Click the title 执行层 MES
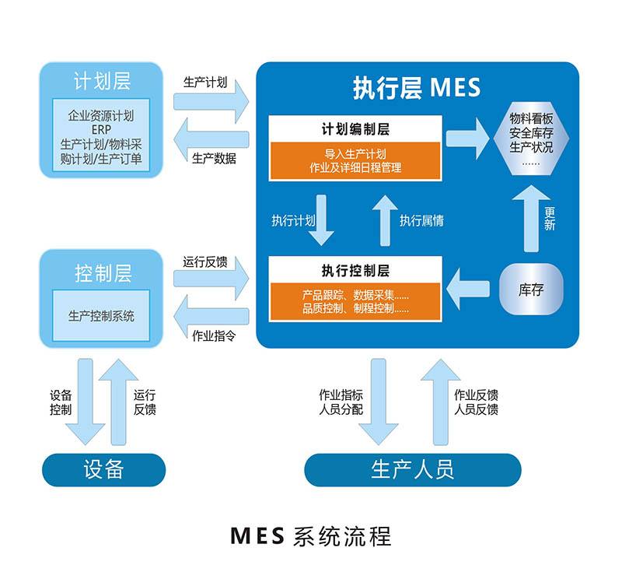[x=417, y=87]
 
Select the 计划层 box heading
[x=102, y=81]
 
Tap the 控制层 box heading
[x=102, y=273]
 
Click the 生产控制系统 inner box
[x=101, y=316]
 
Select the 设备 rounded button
[x=103, y=469]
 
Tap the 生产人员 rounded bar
[x=412, y=469]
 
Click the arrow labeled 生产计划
[x=211, y=100]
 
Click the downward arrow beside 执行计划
[x=320, y=219]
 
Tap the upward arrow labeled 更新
[x=531, y=219]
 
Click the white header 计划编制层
[x=355, y=129]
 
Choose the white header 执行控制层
[x=355, y=271]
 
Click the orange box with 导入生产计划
[x=355, y=160]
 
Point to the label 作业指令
[x=214, y=337]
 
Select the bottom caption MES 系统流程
[x=311, y=536]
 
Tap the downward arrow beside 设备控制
[x=85, y=400]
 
